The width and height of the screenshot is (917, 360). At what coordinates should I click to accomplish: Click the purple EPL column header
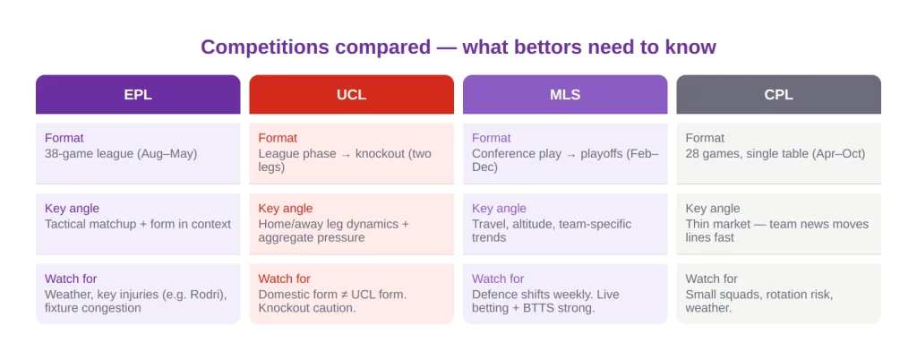click(138, 94)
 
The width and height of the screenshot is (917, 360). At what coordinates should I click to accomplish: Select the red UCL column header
click(351, 94)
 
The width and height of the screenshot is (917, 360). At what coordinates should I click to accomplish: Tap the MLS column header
click(565, 94)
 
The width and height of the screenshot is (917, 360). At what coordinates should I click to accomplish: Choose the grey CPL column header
click(778, 94)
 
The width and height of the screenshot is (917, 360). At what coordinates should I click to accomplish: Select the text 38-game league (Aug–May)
click(121, 154)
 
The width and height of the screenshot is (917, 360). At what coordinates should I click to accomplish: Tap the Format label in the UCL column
click(278, 138)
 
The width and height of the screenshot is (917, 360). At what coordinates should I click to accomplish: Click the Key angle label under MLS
click(499, 208)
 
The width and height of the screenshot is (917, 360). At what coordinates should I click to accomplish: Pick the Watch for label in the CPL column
click(712, 279)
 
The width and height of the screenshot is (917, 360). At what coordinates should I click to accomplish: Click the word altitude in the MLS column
click(536, 224)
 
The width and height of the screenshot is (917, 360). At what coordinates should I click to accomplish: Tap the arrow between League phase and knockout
click(347, 154)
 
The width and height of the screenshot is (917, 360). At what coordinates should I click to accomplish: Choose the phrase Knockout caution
click(307, 307)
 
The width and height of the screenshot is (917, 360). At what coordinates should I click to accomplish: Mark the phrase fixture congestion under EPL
click(93, 307)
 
